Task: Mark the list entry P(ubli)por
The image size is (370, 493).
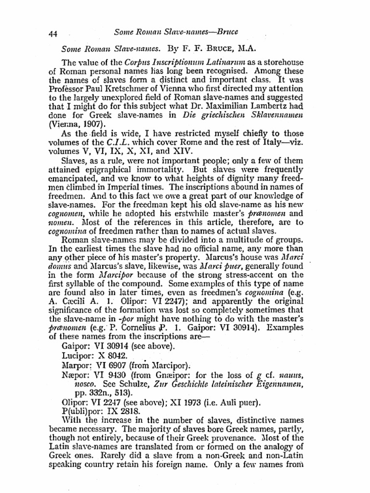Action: tap(85, 414)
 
